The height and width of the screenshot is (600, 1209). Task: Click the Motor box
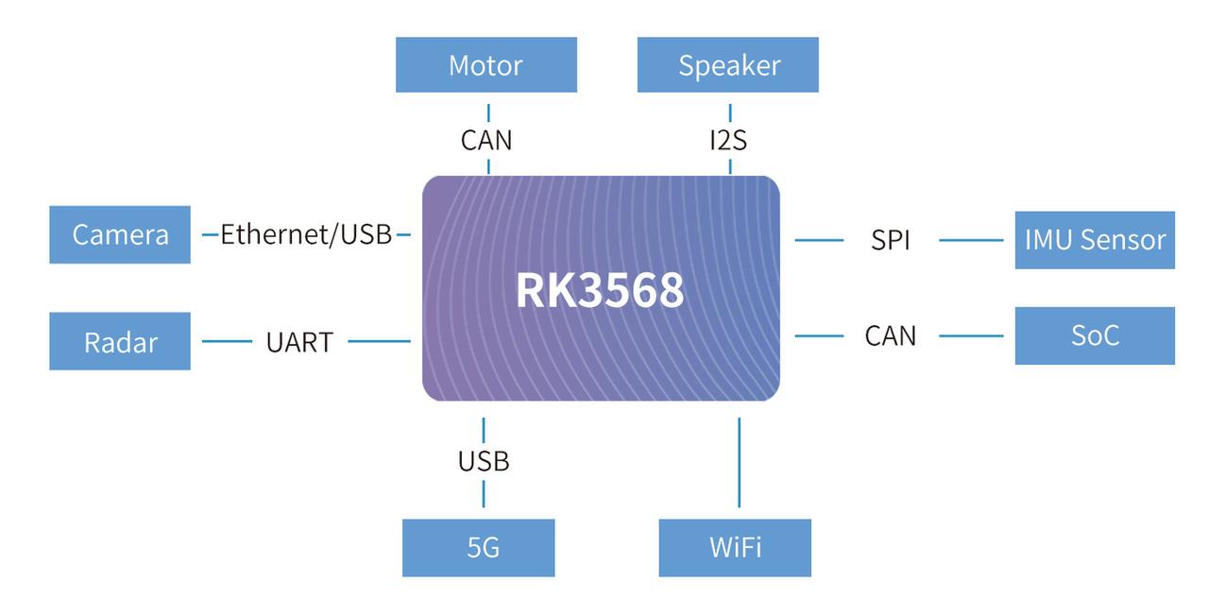[x=485, y=65]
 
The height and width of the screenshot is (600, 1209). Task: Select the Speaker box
[x=727, y=65]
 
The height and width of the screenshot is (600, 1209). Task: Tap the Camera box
[x=120, y=234]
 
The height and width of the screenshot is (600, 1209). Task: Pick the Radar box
[x=120, y=341]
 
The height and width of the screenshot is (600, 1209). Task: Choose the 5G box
[x=478, y=547]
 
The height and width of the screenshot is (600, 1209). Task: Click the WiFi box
[x=735, y=547]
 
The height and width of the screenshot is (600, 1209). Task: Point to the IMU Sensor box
[x=1095, y=240]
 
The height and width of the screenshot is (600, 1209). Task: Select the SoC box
[x=1095, y=335]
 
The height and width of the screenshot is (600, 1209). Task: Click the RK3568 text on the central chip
[x=600, y=291]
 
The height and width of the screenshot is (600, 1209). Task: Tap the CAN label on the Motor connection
[x=486, y=140]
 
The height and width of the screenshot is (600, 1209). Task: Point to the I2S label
[x=728, y=140]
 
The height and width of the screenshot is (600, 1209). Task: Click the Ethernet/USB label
[x=306, y=234]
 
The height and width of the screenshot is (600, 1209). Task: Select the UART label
[x=299, y=342]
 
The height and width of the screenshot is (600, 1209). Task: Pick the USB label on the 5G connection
[x=484, y=461]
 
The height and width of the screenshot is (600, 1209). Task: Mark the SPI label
[x=891, y=240]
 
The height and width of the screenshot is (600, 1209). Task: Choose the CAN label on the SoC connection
[x=891, y=335]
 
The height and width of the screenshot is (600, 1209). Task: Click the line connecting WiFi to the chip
[x=739, y=463]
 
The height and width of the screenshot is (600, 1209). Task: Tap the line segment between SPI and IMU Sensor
[x=971, y=240]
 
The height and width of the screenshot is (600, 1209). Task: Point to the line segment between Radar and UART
[x=227, y=341]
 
